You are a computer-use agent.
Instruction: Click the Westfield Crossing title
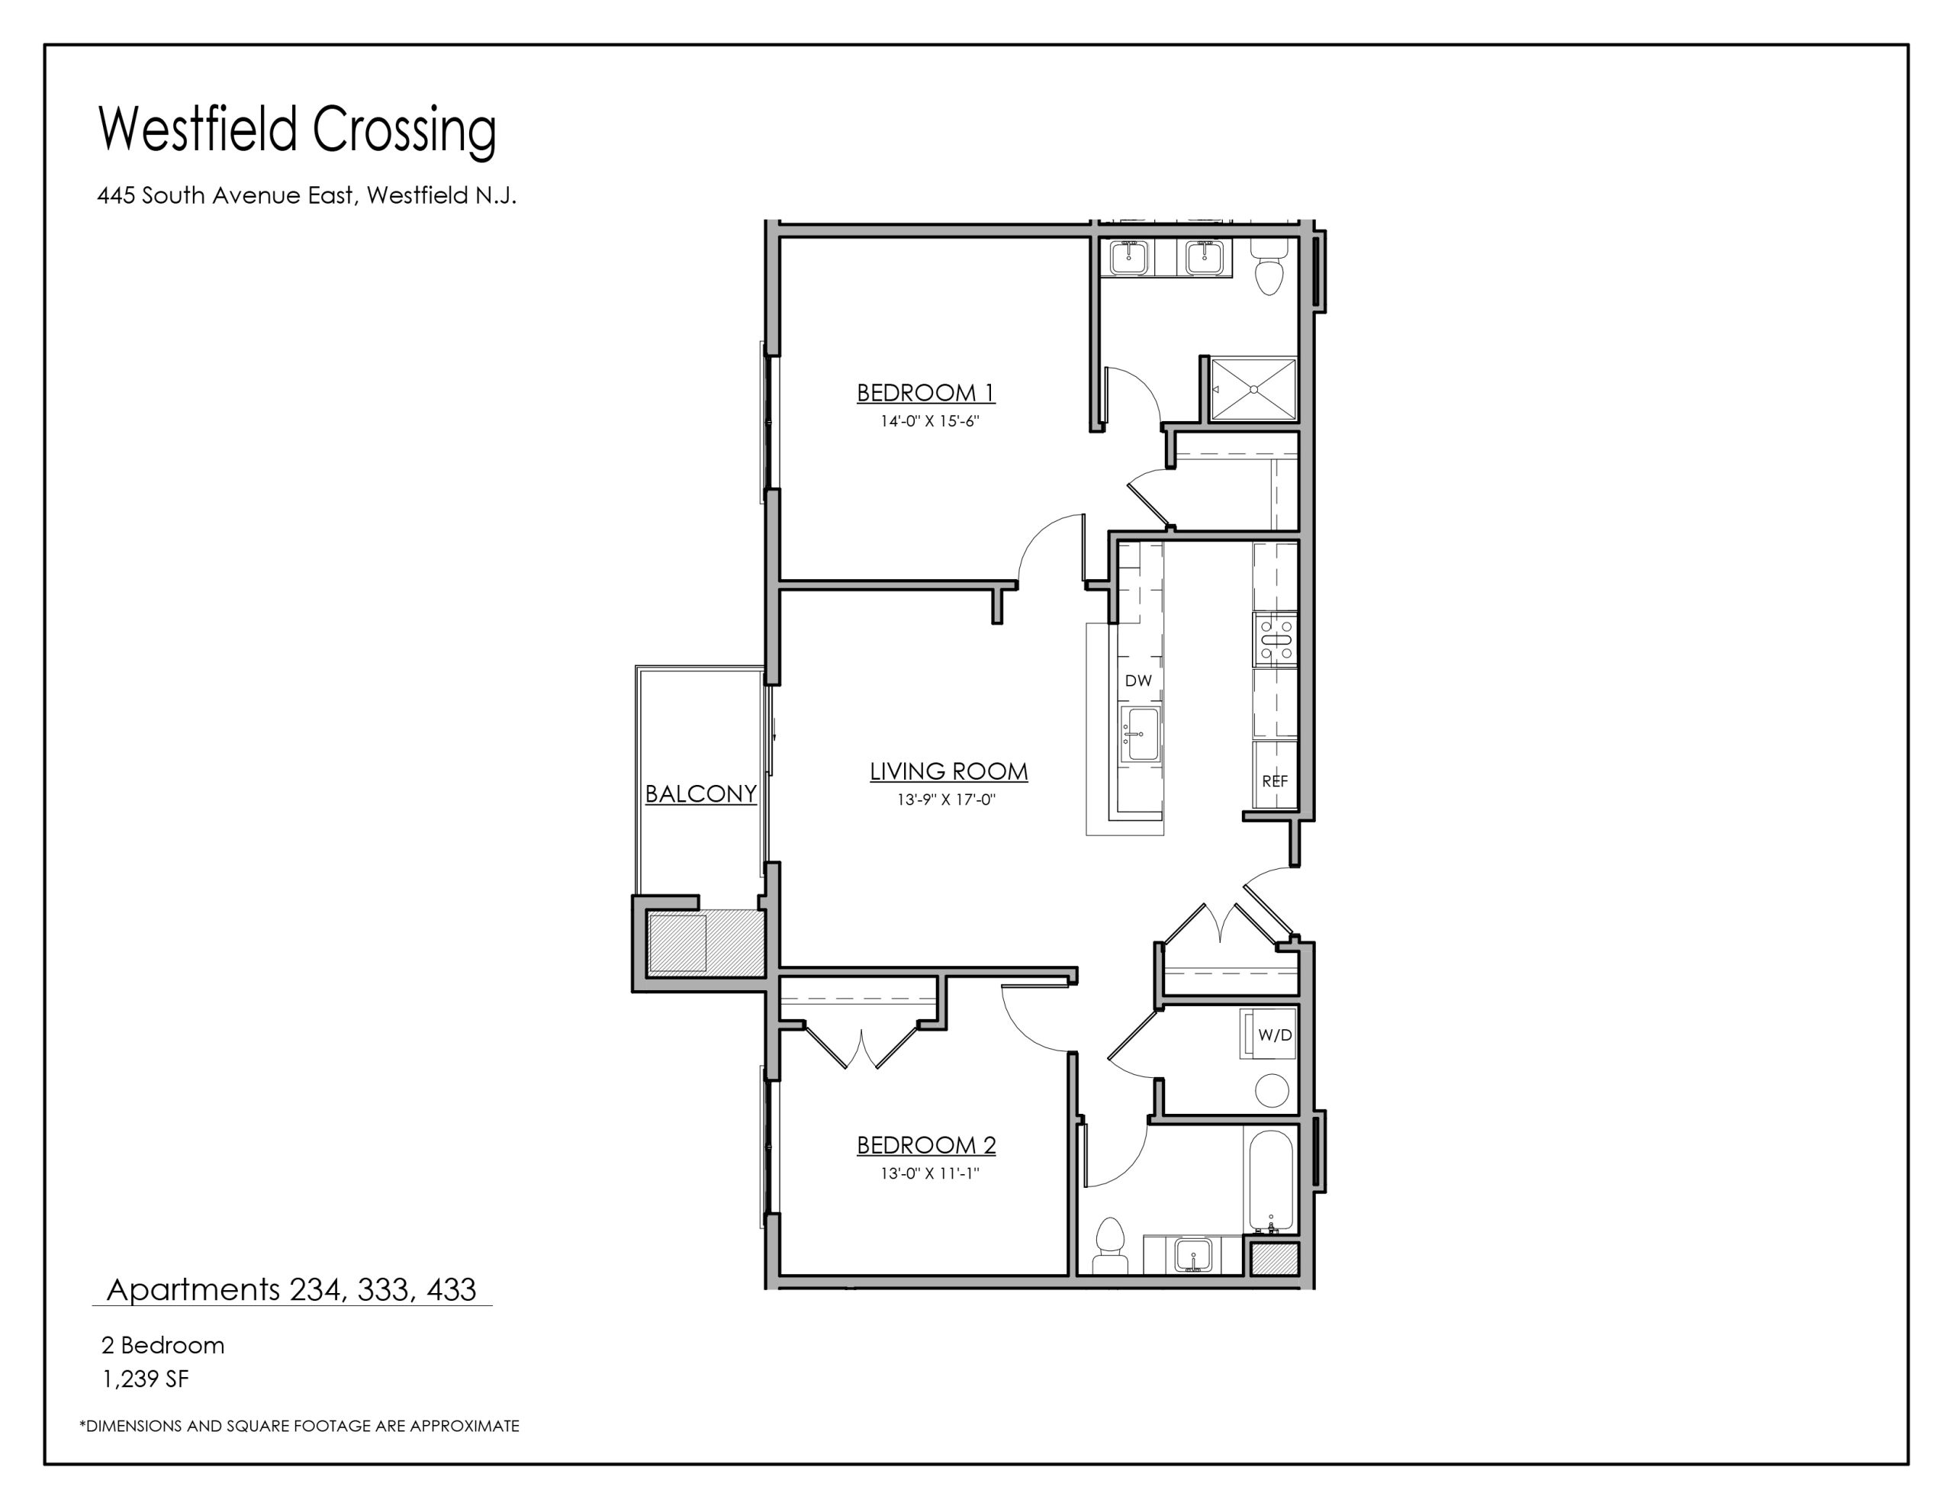pyautogui.click(x=297, y=130)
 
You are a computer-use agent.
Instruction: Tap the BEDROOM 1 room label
pyautogui.click(x=925, y=393)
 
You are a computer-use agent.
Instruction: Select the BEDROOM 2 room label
pyautogui.click(x=926, y=1145)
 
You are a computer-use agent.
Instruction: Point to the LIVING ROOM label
pyautogui.click(x=949, y=771)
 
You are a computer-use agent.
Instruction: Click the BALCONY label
pyautogui.click(x=701, y=793)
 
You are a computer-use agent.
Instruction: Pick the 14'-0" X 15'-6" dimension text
pyautogui.click(x=930, y=421)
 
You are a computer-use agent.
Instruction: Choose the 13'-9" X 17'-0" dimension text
pyautogui.click(x=946, y=800)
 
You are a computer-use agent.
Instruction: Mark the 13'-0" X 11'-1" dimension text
pyautogui.click(x=930, y=1173)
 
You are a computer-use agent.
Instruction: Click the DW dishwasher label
pyautogui.click(x=1138, y=680)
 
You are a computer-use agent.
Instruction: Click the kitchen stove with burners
pyautogui.click(x=1276, y=639)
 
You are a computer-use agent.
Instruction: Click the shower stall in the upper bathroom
pyautogui.click(x=1253, y=389)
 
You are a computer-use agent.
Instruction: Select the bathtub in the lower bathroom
pyautogui.click(x=1269, y=1179)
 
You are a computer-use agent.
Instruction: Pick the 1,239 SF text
pyautogui.click(x=146, y=1379)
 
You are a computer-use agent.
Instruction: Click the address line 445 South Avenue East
pyautogui.click(x=307, y=195)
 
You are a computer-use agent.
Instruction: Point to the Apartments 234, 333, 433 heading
pyautogui.click(x=291, y=1290)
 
